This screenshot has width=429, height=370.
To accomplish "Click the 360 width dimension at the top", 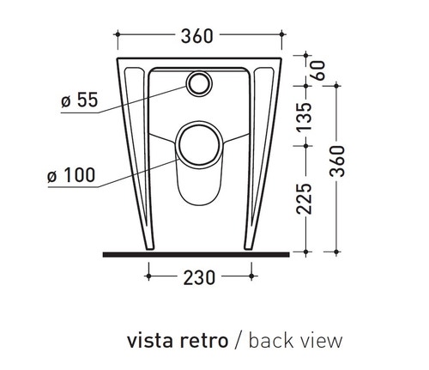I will tap(198, 36).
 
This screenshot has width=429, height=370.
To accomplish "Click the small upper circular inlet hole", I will tap(198, 84).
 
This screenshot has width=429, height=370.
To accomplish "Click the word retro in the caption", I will tap(206, 341).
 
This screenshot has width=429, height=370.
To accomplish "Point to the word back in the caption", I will tap(272, 341).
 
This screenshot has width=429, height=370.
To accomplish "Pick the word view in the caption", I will tap(322, 341).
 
